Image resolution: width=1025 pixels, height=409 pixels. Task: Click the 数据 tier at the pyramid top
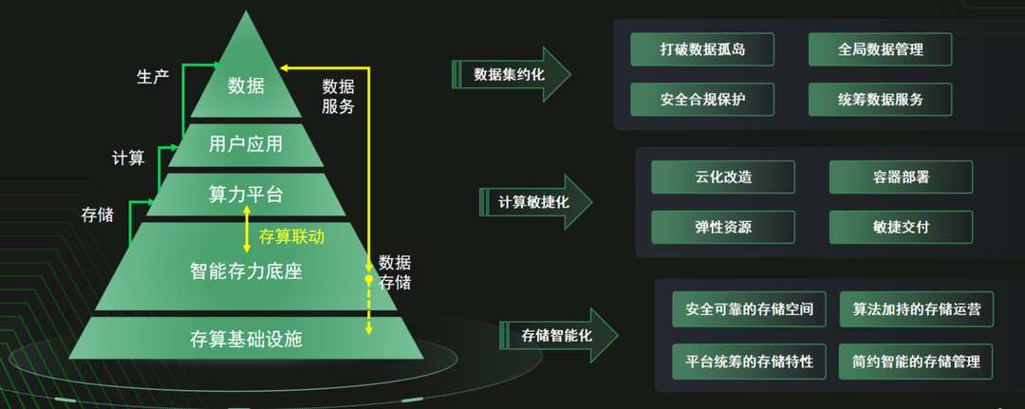tap(246, 86)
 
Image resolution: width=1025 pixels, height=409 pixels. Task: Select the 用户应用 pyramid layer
tap(246, 144)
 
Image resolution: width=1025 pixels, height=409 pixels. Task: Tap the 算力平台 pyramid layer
tap(246, 195)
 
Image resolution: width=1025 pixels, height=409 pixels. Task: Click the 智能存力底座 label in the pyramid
tap(246, 272)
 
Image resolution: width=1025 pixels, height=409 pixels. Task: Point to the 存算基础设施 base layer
tap(246, 339)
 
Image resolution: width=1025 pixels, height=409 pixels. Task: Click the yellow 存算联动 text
tap(291, 236)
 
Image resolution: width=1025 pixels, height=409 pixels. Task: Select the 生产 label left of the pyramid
tap(153, 76)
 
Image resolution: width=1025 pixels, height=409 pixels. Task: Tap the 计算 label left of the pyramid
tap(128, 158)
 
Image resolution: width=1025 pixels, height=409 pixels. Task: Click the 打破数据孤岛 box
tap(701, 49)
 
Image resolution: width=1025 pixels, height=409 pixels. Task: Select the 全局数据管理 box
tap(880, 49)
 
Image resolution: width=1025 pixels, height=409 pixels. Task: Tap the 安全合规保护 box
tap(701, 99)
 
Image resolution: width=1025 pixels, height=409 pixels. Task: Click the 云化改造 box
tap(723, 177)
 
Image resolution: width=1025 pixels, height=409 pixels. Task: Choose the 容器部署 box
tap(901, 177)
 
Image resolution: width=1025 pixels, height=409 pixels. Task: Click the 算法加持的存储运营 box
tap(916, 309)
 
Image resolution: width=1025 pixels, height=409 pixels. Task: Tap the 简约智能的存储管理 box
tap(916, 362)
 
